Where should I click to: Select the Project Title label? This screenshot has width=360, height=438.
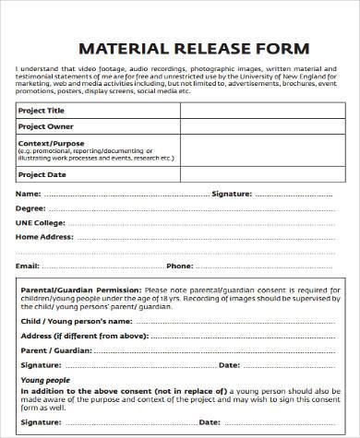coord(42,110)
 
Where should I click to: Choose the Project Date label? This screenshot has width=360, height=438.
coord(42,173)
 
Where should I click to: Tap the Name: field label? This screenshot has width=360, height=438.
coord(29,194)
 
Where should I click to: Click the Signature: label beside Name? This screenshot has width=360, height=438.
coord(234,194)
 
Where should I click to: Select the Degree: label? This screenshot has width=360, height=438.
coord(31,208)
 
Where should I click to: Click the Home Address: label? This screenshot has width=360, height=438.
coord(43,237)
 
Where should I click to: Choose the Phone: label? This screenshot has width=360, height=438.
coord(179,266)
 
